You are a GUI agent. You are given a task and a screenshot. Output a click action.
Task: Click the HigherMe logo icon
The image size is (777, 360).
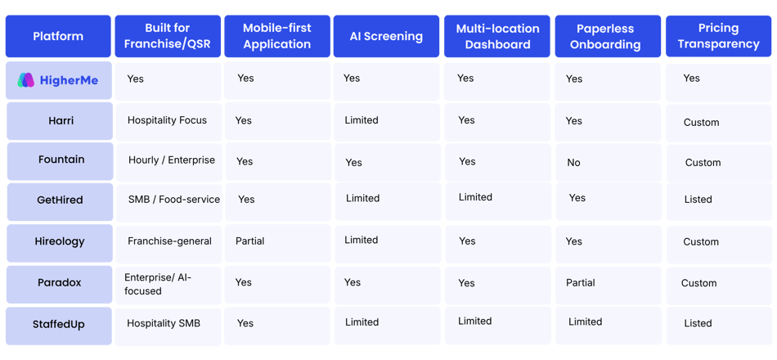[26, 80]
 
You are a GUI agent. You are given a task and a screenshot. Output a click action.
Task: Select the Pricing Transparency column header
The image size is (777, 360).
[719, 36]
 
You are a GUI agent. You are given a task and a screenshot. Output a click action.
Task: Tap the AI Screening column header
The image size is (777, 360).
[386, 36]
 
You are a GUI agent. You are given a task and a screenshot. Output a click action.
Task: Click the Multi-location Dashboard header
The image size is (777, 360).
[497, 36]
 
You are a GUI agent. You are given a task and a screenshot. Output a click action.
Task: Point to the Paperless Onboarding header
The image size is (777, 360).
[608, 36]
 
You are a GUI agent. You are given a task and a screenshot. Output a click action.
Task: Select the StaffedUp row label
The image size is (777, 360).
[59, 324]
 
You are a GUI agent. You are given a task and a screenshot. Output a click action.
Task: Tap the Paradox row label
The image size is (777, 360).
[59, 282]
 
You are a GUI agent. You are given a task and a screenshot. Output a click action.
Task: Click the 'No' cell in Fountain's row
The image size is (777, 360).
[573, 163]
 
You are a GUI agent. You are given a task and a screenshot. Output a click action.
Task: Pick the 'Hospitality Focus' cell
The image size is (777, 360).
[167, 120]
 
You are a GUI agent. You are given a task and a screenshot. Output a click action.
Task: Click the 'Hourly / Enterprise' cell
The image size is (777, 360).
[172, 160]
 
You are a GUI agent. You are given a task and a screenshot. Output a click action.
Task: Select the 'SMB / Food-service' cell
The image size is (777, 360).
[174, 200]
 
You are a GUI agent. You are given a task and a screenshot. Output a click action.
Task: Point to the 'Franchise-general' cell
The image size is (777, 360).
[169, 241]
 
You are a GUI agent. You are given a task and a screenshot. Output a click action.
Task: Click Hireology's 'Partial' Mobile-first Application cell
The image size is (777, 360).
[249, 241]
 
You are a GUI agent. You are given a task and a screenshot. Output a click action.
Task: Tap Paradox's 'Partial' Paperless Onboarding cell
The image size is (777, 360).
[580, 282]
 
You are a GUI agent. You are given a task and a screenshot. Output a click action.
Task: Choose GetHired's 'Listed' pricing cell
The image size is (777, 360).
[698, 200]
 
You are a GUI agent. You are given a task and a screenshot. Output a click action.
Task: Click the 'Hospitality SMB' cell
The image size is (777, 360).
[164, 323]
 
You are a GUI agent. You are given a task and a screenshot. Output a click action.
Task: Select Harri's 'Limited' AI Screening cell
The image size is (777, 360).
[362, 120]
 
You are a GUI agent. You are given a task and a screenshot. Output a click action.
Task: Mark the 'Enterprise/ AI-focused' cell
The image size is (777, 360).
[158, 284]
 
